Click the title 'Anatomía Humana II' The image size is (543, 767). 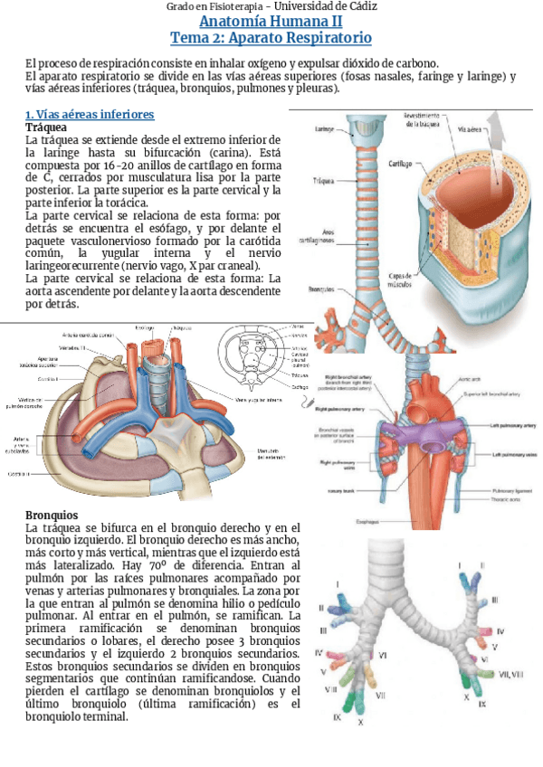pos(271,22)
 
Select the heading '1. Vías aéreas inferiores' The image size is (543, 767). pos(90,115)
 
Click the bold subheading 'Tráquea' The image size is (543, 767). pos(47,128)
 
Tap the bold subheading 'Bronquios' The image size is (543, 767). pos(52,515)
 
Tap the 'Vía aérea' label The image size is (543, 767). pos(474,129)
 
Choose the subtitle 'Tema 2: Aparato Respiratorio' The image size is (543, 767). pos(271,39)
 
